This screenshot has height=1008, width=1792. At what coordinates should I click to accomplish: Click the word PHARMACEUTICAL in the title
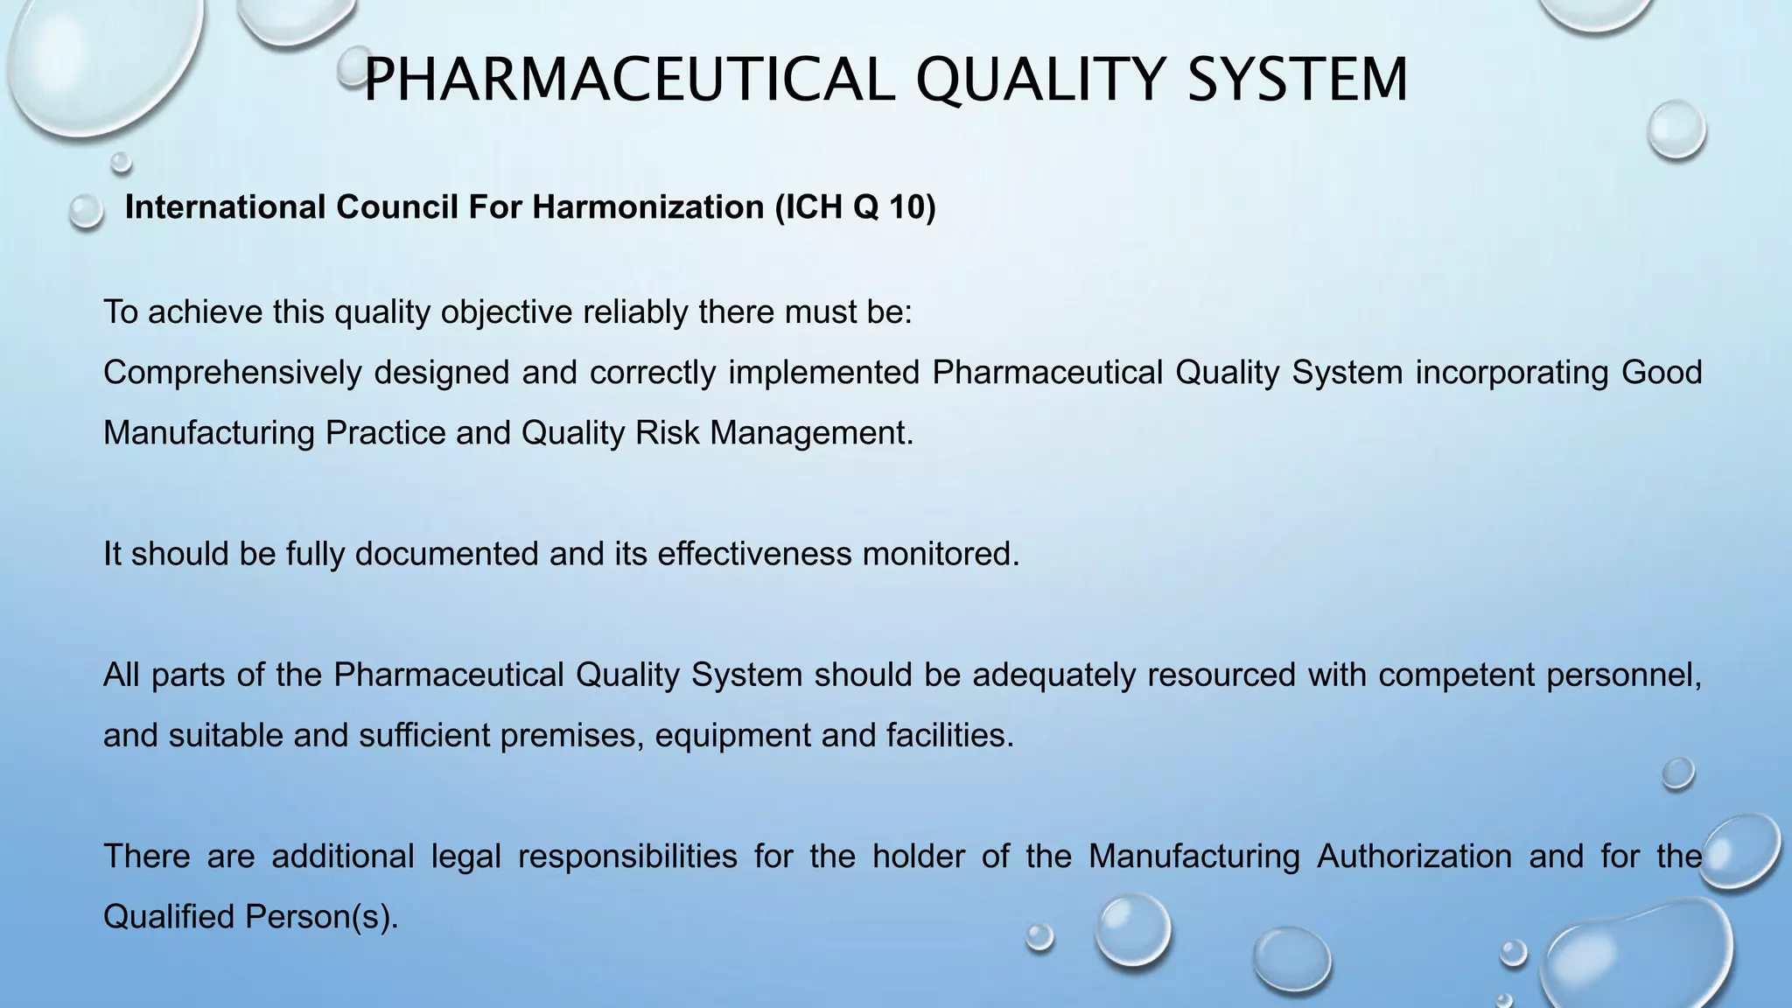628,80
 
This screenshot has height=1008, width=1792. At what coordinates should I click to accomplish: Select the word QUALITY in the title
1040,80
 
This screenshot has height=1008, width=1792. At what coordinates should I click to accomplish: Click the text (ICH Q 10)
855,207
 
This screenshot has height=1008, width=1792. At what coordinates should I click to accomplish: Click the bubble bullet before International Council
86,212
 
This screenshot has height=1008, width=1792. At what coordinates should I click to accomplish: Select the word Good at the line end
1662,373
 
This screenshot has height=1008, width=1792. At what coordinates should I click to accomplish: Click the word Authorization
1414,856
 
